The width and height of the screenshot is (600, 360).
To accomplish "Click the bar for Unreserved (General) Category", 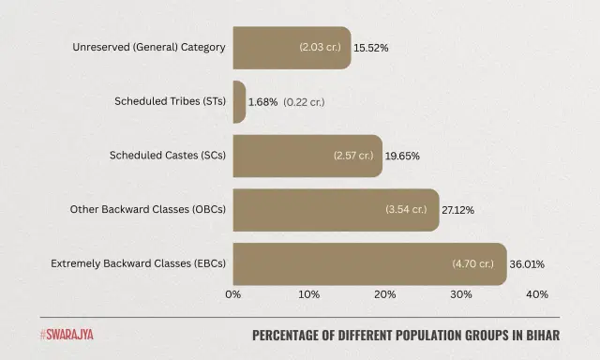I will coord(292,47).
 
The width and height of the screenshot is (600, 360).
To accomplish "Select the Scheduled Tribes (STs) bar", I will coord(239,101).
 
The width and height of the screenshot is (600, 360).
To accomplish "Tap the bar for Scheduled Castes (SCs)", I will coord(307,156).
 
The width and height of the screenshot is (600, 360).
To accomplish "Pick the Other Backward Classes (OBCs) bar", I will coord(336,210).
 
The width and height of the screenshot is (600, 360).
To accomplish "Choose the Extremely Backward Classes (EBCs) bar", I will coord(369,264).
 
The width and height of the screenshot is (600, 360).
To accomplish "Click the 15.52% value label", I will coord(371,47).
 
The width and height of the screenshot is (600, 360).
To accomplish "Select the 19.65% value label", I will coord(403,156).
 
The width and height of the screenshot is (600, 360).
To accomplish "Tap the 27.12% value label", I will coord(459,210).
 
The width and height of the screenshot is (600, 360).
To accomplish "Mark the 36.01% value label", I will coord(527,264).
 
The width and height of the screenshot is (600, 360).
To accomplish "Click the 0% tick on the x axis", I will coord(233,295).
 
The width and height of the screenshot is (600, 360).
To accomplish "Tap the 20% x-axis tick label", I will coord(385,295).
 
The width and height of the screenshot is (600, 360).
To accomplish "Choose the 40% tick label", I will coord(537,295).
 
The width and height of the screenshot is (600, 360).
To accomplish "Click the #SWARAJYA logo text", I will coord(67,334).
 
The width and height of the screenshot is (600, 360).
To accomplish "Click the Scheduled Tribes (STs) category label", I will coord(170,101).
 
